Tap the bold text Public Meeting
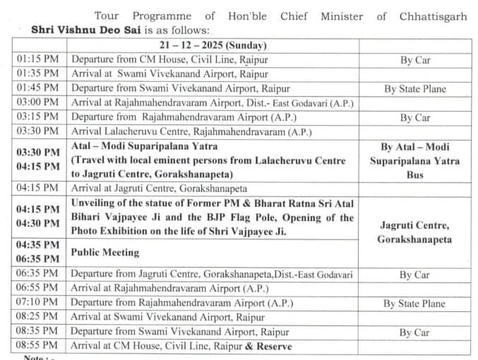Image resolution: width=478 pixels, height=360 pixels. [104, 252]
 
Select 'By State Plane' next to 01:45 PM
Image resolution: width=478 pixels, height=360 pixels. [415, 89]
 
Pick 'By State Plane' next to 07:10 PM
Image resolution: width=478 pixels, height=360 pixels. [415, 304]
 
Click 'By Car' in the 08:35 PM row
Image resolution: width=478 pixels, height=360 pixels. [415, 332]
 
